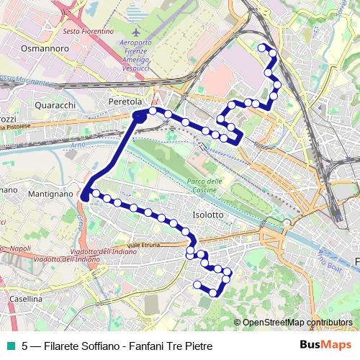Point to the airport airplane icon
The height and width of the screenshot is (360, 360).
(137, 34)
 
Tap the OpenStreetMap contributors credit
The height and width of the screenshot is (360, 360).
(296, 322)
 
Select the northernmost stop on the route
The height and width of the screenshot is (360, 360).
(262, 48)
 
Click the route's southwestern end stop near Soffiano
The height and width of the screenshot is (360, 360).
(196, 284)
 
